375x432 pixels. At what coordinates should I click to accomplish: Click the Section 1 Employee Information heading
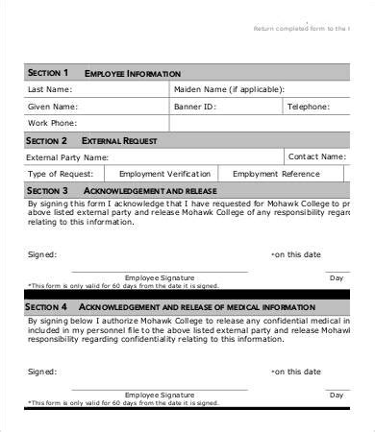point(103,73)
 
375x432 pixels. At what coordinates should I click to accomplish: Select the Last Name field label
point(49,90)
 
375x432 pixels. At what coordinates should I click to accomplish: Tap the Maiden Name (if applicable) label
point(229,90)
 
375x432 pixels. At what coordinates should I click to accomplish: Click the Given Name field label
point(52,108)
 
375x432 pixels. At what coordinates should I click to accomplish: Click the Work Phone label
point(52,124)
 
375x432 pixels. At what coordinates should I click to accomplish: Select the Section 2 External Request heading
point(92,140)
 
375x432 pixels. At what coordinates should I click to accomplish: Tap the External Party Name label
point(67,156)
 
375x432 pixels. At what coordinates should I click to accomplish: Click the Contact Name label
point(317,156)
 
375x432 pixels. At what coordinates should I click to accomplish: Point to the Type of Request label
point(61,174)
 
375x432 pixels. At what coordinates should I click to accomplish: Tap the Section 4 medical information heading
point(168,306)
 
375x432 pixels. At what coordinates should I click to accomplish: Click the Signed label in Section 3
point(42,254)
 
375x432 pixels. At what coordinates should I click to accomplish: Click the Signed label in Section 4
point(42,371)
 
